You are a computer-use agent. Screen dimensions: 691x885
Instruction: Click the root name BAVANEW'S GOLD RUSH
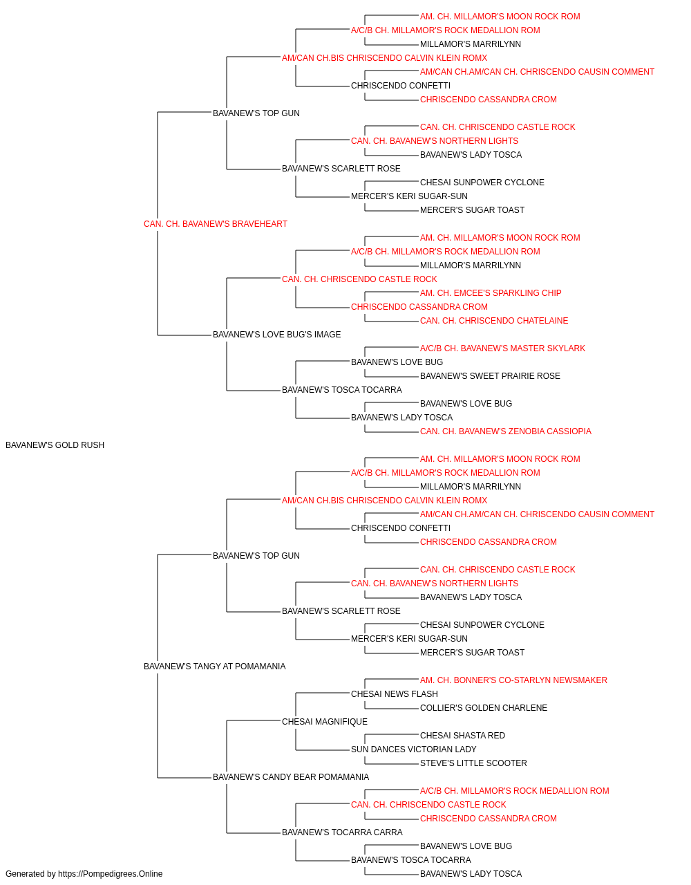(55, 445)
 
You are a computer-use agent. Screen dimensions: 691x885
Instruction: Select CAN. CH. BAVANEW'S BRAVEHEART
(216, 224)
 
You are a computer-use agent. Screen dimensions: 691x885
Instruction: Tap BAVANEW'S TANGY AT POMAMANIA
(214, 667)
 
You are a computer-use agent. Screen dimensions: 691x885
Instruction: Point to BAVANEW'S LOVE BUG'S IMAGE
(276, 335)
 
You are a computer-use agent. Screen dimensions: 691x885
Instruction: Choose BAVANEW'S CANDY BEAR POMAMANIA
(291, 776)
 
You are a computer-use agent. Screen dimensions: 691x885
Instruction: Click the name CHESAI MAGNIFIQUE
(325, 722)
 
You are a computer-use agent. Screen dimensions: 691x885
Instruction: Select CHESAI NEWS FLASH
(395, 694)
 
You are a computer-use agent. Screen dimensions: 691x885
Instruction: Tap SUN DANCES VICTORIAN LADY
(413, 749)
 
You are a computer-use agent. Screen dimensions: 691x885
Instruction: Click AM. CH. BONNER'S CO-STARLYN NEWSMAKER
(513, 680)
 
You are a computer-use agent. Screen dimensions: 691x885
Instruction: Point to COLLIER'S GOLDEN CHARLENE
(484, 708)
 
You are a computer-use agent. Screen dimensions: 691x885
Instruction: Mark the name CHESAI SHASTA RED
(462, 736)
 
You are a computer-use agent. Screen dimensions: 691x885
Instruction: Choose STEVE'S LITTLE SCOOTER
(473, 763)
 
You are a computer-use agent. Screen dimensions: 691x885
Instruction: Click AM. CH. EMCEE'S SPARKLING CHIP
(491, 293)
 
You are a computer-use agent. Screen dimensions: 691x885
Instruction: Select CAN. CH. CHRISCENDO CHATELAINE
(494, 321)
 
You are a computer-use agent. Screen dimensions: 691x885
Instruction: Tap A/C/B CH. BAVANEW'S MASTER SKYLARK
(502, 348)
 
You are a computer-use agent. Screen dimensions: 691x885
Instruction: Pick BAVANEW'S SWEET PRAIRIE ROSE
(490, 376)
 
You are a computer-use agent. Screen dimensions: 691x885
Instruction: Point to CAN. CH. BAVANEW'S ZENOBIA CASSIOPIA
(505, 431)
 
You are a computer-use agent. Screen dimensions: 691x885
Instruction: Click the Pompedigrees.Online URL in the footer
(110, 874)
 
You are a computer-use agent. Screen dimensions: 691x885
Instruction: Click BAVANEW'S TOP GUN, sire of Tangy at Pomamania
(256, 555)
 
